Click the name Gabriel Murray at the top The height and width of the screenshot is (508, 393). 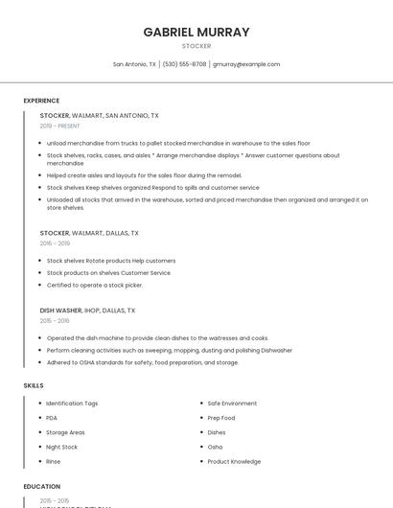click(x=196, y=32)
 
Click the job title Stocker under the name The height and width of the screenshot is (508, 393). click(x=196, y=46)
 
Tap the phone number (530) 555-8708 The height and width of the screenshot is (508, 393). click(x=184, y=64)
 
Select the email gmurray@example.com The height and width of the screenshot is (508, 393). click(x=246, y=64)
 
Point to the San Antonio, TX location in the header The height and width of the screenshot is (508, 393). click(x=134, y=64)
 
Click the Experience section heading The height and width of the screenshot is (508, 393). click(x=41, y=101)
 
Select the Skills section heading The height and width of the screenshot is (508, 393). click(x=34, y=385)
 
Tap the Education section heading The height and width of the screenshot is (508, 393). click(x=42, y=487)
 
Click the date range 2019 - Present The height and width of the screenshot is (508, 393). click(x=60, y=126)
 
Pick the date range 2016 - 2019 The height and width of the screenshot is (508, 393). click(x=55, y=243)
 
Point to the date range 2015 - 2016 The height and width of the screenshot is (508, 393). click(x=55, y=321)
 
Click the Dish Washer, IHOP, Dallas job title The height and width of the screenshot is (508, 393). click(x=87, y=311)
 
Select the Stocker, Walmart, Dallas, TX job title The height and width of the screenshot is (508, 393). click(x=89, y=233)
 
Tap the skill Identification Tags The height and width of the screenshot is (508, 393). click(x=72, y=404)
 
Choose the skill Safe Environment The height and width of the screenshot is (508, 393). click(x=232, y=404)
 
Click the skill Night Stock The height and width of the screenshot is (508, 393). click(x=62, y=447)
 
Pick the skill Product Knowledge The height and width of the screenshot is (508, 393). click(x=234, y=461)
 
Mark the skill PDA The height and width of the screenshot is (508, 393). click(x=52, y=418)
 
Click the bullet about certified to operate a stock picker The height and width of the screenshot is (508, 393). click(x=95, y=285)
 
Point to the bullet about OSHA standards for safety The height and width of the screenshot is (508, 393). click(x=143, y=362)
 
